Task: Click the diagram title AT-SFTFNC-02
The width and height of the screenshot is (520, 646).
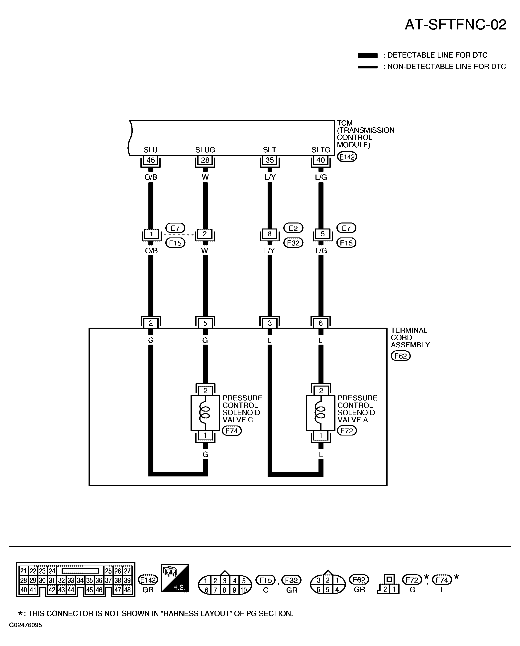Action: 455,24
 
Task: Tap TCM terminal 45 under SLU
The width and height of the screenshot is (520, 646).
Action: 150,160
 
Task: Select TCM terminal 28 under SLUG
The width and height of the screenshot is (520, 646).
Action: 205,160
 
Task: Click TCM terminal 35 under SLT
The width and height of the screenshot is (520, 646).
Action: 270,160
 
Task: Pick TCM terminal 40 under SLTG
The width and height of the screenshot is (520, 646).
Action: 320,160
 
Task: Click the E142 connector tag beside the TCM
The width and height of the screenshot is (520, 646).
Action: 347,157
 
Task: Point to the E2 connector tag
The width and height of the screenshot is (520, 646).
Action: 293,228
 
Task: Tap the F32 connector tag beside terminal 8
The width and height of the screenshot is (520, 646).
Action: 293,243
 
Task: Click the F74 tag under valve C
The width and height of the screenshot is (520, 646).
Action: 232,431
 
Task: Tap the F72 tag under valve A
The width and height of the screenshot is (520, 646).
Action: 347,431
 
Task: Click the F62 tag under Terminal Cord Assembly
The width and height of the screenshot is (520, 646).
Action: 401,356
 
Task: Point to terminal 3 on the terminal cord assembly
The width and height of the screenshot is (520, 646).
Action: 270,323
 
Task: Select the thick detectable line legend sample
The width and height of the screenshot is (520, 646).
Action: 368,55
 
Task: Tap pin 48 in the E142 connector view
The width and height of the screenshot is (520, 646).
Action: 127,590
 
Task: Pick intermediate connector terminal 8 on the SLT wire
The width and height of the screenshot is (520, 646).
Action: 269,234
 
